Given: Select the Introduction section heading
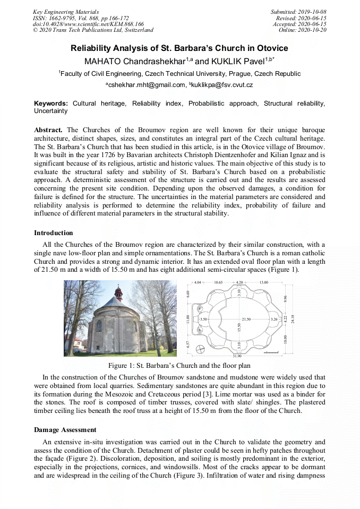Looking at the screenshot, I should coord(53,232).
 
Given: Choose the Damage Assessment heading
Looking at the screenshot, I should coord(65,429).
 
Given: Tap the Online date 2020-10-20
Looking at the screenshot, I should coord(313,30).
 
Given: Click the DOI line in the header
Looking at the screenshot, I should coord(88,24).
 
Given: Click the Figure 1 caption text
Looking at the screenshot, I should coord(179,365).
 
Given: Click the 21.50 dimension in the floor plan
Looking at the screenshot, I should coord(246,320).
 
